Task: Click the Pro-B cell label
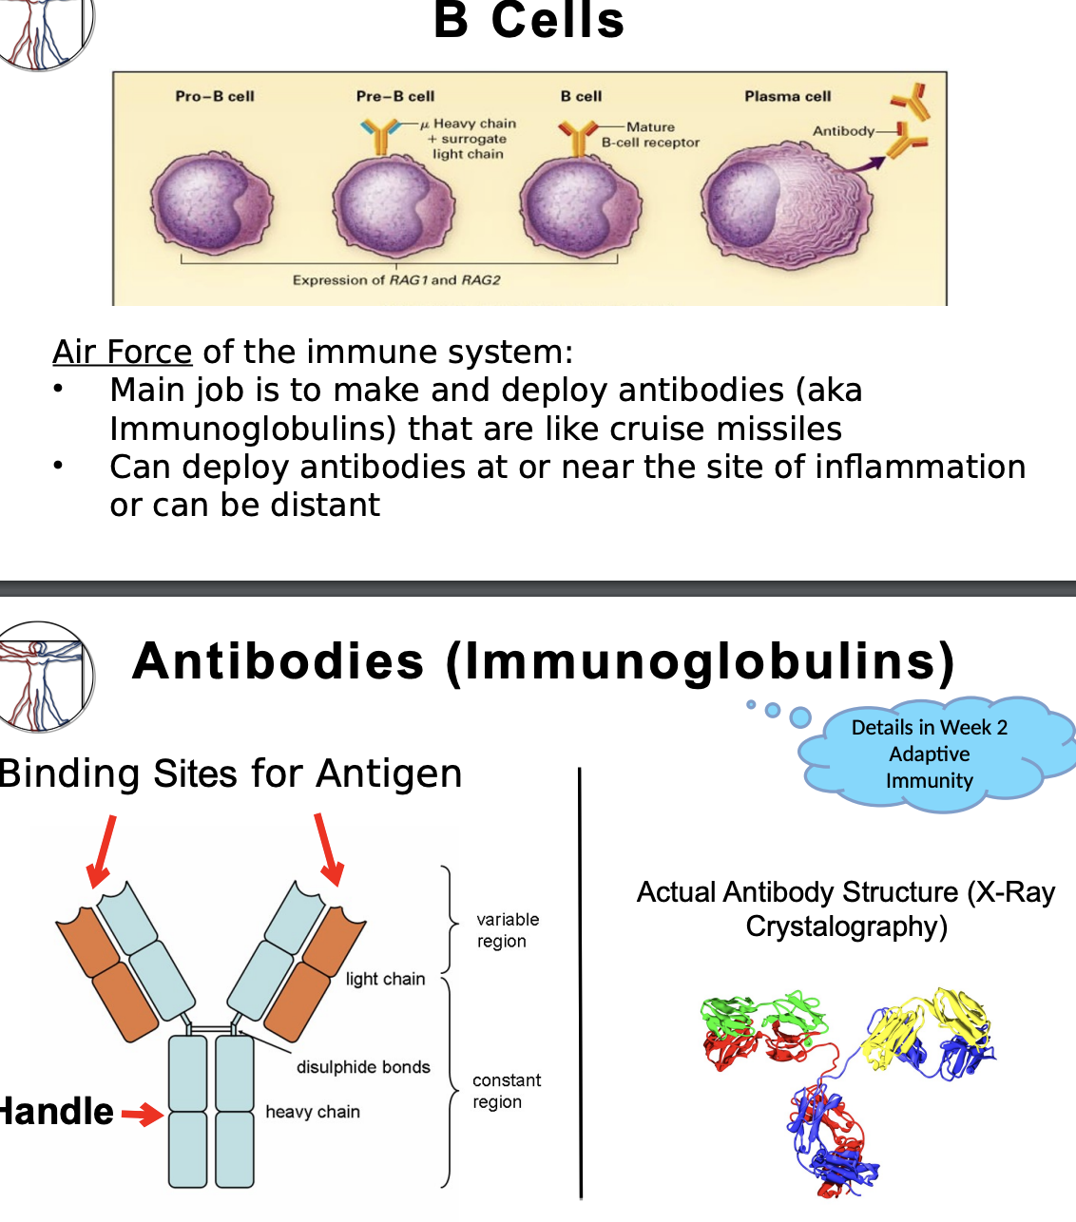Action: point(215,96)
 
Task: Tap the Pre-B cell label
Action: point(395,96)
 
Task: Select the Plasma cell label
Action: point(787,96)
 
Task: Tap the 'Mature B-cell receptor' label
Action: point(651,135)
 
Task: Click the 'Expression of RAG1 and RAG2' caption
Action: point(396,279)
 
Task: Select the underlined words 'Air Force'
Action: point(123,352)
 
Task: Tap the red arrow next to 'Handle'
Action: point(142,1114)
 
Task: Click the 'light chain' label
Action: point(385,979)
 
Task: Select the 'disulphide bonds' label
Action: point(363,1067)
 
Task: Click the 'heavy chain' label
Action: point(313,1112)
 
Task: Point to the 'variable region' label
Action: point(507,930)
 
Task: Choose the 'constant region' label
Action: point(506,1091)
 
